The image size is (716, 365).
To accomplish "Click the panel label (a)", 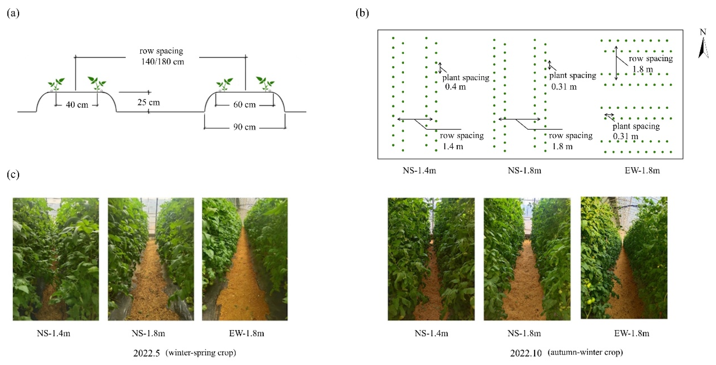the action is pyautogui.click(x=13, y=13).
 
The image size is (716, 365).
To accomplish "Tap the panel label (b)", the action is pyautogui.click(x=362, y=13).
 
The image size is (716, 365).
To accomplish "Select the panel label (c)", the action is pyautogui.click(x=13, y=175).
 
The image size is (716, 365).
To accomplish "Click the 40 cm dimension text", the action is pyautogui.click(x=77, y=105).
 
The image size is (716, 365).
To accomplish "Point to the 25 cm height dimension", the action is pyautogui.click(x=149, y=102).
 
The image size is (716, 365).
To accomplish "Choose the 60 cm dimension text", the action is pyautogui.click(x=244, y=105).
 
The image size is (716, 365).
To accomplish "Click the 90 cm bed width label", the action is pyautogui.click(x=244, y=127).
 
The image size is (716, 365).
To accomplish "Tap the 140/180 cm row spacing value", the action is pyautogui.click(x=163, y=62).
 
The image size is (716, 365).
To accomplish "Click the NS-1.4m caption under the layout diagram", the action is pyautogui.click(x=419, y=170).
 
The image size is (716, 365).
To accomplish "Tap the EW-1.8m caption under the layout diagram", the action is pyautogui.click(x=642, y=170).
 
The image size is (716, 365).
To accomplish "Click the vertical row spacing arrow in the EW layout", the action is pyautogui.click(x=616, y=63).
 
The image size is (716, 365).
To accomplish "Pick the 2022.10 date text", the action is pyautogui.click(x=526, y=353).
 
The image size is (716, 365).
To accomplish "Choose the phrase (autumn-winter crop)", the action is pyautogui.click(x=585, y=353).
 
